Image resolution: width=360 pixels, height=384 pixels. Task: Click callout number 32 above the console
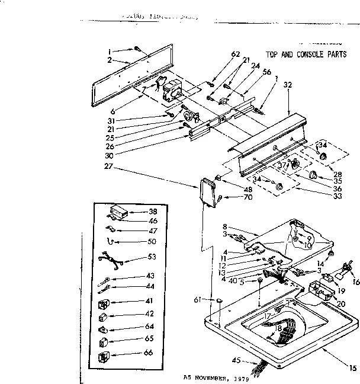tap(288, 85)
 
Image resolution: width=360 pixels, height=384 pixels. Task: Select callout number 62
tap(236, 55)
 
